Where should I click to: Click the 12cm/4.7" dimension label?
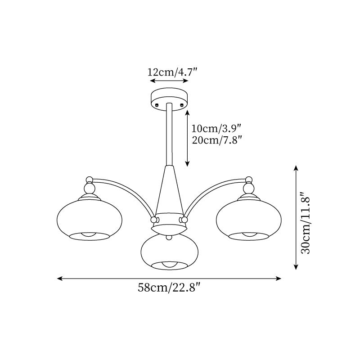pos(172,72)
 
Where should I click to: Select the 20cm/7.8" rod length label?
pos(217,140)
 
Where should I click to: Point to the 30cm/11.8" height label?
pos(306,222)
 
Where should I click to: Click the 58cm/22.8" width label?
pos(169,288)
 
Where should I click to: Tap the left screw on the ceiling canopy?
pos(157,105)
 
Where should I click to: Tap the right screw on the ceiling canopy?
pos(182,105)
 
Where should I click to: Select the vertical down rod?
pos(170,134)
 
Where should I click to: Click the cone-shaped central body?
pos(170,190)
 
